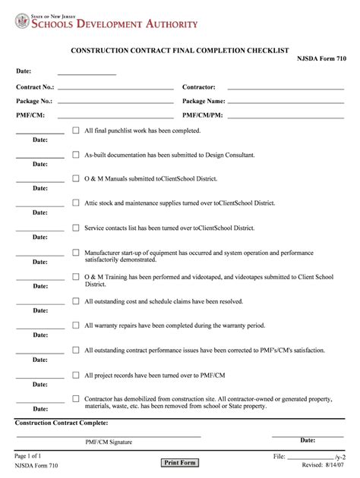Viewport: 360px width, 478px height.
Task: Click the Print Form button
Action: (x=179, y=463)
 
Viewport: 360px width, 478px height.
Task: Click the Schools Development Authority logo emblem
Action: (x=21, y=22)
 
